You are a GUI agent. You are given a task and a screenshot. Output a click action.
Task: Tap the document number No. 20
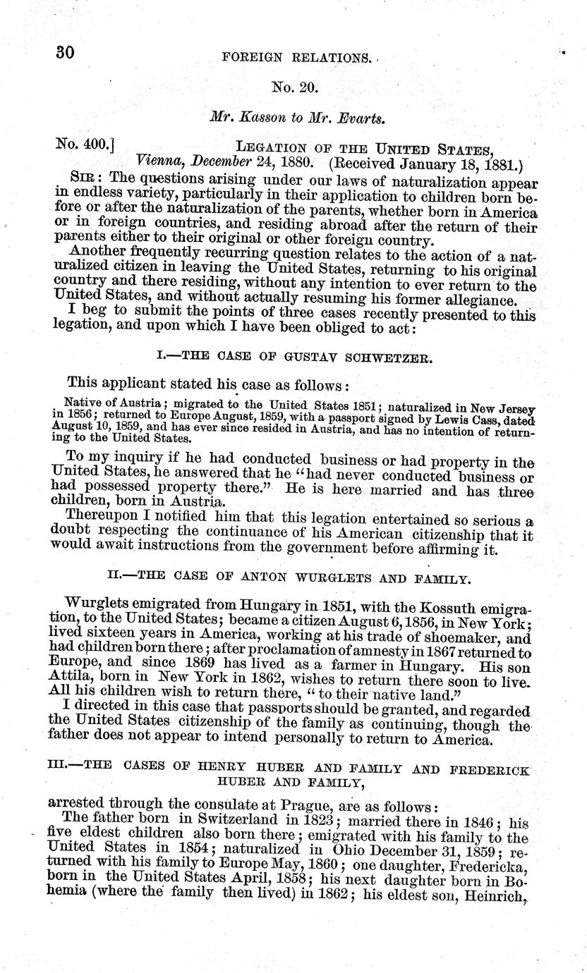296,88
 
